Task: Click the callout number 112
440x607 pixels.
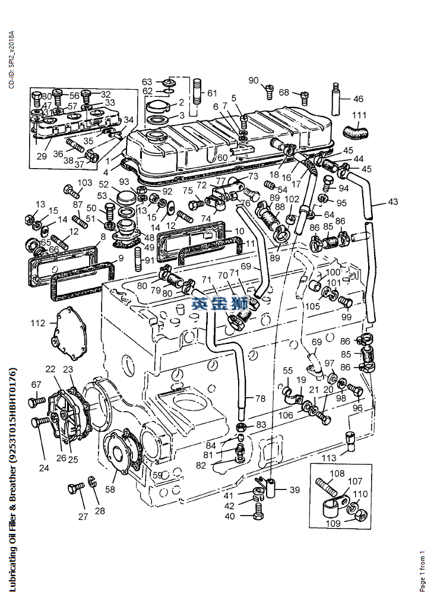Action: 38,323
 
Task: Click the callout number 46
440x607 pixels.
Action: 358,99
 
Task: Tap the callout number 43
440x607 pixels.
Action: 393,202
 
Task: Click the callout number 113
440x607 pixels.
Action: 329,458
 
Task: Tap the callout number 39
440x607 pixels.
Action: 295,489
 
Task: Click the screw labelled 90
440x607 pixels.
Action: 268,90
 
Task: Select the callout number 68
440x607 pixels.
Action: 284,93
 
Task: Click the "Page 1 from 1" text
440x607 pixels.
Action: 422,570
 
